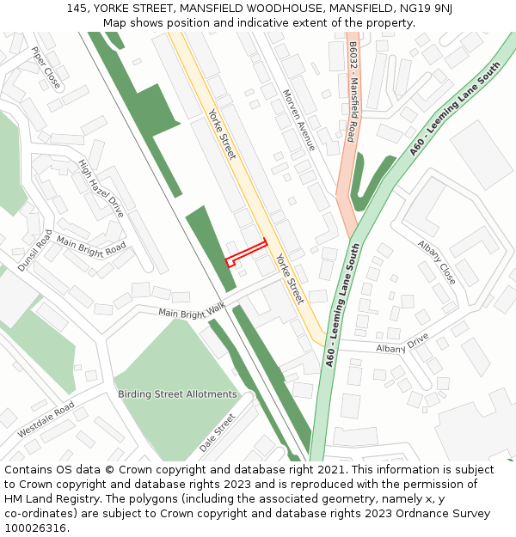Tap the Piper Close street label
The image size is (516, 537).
coord(46,67)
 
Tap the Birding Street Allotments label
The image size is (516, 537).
coord(177,394)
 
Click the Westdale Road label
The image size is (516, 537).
coord(46,419)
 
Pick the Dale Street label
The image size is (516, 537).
coord(217,433)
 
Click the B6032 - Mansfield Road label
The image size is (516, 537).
coord(353,95)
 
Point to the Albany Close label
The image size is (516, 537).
coord(437,262)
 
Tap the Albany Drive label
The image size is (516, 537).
coord(402,343)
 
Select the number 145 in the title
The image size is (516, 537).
coord(76,8)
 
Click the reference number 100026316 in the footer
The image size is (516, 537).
coord(34,528)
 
